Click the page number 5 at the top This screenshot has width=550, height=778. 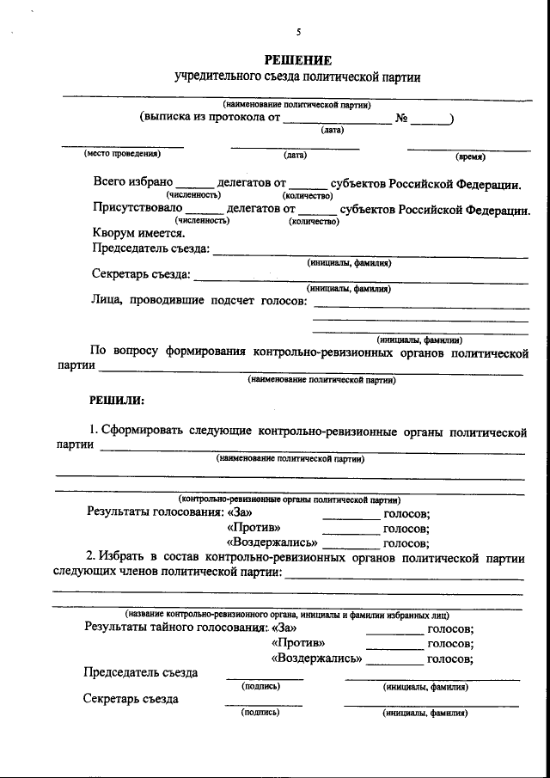click(298, 33)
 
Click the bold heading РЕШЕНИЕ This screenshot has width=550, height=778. click(297, 60)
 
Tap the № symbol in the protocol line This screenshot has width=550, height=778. click(401, 119)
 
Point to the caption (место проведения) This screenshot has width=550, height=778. click(122, 155)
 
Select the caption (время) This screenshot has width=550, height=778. click(470, 156)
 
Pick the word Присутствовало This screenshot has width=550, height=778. click(137, 208)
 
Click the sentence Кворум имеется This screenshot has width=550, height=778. click(138, 232)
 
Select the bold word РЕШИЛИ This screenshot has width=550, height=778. click(118, 401)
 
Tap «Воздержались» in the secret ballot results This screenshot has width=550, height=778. click(316, 659)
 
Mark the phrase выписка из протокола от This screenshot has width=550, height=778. click(211, 119)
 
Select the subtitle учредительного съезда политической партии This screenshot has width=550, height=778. click(297, 77)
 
